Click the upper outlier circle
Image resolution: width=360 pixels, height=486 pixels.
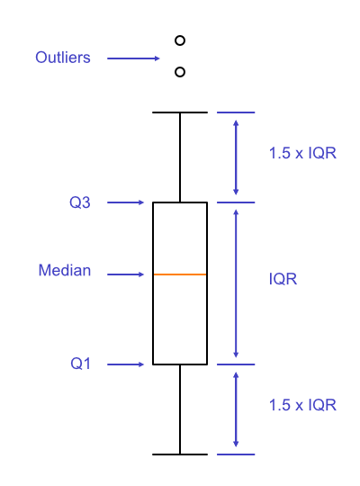[x=180, y=40]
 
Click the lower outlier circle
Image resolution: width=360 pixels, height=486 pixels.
[x=180, y=71]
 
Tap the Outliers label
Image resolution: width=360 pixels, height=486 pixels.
[x=63, y=58]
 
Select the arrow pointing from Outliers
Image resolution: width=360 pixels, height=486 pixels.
[x=133, y=58]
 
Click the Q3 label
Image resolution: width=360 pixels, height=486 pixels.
[x=80, y=202]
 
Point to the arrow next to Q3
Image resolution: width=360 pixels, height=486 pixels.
[x=126, y=202]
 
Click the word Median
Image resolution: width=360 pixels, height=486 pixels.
[x=65, y=270]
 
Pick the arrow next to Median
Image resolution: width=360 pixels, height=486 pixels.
[x=126, y=274]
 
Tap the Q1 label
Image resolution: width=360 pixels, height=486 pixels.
[x=80, y=364]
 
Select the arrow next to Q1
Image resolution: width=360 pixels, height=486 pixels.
[x=126, y=364]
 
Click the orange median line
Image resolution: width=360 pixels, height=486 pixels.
[x=180, y=274]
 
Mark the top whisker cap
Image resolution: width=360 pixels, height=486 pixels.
[x=180, y=112]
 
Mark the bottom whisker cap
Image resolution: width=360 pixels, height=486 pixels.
[x=180, y=454]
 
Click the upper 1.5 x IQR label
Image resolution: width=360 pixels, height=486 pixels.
[x=302, y=153]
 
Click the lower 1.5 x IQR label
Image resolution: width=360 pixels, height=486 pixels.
[x=302, y=405]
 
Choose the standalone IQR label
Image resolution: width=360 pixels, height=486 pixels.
[x=283, y=279]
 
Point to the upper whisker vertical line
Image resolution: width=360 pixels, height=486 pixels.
[x=180, y=157]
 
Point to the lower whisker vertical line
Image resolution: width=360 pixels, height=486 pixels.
[x=180, y=409]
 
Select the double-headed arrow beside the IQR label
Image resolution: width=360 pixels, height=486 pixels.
[x=236, y=283]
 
